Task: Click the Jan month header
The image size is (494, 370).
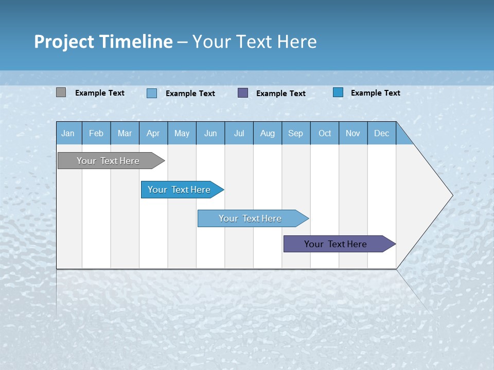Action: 68,133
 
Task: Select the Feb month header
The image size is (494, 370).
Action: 96,133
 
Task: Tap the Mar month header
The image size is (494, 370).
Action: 125,133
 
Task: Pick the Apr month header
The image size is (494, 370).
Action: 153,133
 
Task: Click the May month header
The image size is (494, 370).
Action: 182,133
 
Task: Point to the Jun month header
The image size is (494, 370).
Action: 210,133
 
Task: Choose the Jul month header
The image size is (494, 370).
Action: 239,133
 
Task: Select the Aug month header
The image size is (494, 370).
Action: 268,133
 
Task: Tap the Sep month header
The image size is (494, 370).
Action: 296,133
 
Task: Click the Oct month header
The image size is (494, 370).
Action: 325,133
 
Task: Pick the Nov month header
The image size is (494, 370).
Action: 353,133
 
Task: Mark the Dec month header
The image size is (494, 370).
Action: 381,133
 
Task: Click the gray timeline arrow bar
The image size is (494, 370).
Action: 109,161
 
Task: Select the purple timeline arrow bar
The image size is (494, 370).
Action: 336,244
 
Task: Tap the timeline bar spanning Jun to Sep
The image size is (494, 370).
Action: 251,218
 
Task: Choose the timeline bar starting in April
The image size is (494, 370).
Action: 180,190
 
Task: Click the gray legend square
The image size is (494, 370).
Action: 61,92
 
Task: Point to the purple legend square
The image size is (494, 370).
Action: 243,93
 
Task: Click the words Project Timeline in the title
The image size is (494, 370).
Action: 103,42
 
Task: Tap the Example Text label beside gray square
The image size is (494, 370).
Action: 100,93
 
